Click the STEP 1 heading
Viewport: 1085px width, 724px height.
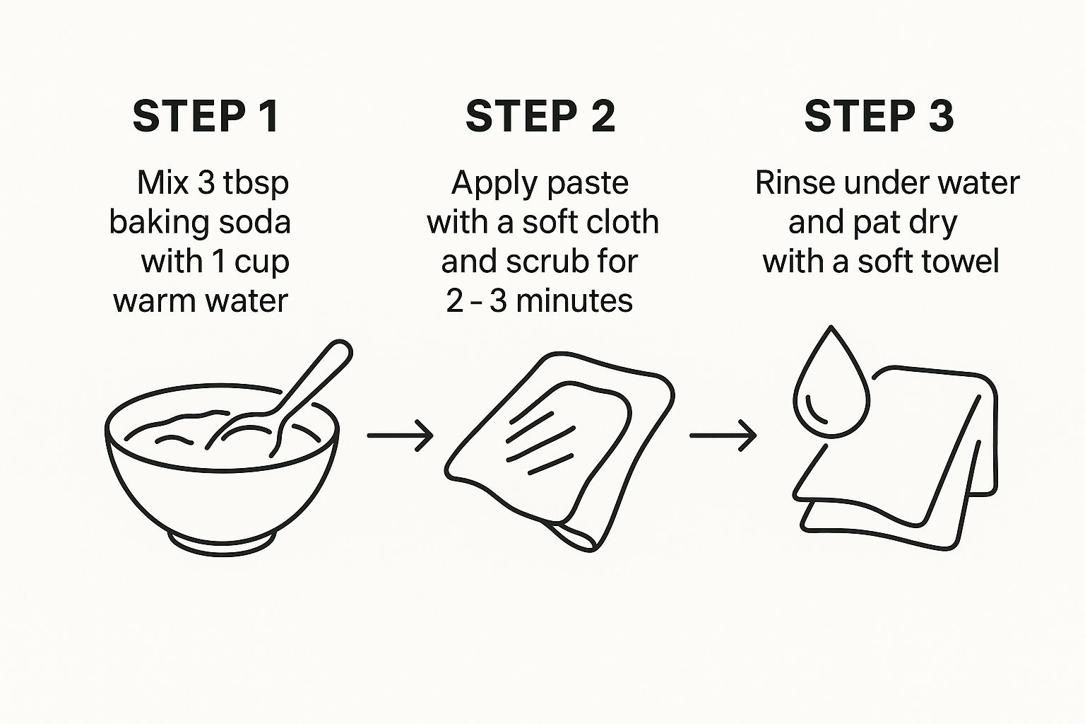click(x=206, y=117)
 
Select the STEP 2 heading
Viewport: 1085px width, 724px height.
click(x=540, y=117)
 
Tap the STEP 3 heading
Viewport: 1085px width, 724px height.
click(x=879, y=117)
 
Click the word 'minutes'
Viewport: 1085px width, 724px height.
click(x=574, y=300)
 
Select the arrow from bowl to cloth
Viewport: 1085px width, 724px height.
click(x=400, y=436)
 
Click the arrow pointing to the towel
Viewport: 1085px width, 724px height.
click(x=723, y=436)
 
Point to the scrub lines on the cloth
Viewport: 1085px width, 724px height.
click(x=540, y=443)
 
